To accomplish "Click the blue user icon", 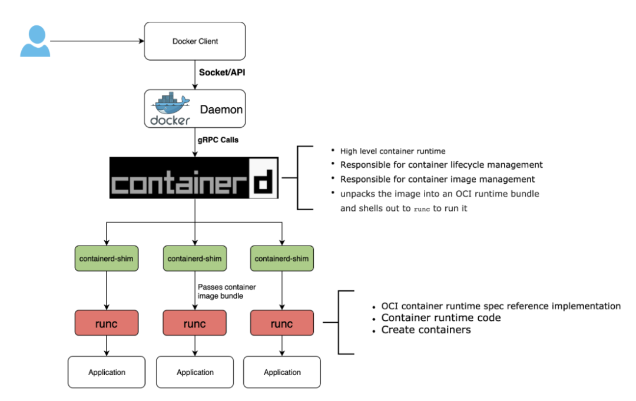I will [35, 41].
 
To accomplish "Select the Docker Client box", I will [195, 41].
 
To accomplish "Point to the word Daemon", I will [221, 110].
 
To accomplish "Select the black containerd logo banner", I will [194, 177].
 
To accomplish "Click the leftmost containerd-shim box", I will [107, 259].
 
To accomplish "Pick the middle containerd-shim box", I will [195, 259].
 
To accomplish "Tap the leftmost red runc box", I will [107, 323].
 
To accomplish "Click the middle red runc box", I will [195, 323].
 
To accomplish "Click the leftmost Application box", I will [107, 372].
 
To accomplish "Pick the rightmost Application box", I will [282, 372].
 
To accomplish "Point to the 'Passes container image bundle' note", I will [227, 291].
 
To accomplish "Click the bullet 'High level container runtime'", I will [393, 151].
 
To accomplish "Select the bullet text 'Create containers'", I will [426, 330].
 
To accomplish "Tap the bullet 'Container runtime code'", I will [441, 318].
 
